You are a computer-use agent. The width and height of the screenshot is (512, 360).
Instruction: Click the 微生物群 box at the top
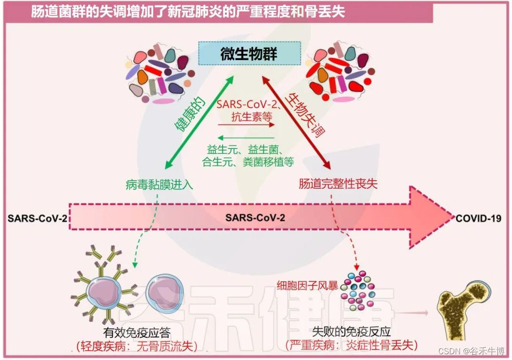pos(250,54)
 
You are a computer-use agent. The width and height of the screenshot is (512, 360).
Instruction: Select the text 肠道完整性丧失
pos(337,184)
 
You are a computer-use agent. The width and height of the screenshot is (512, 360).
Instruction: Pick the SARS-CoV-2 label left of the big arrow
pos(37,218)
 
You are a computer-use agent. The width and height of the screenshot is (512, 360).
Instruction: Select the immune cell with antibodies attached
pos(103,290)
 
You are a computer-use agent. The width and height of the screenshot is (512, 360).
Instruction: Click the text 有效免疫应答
pos(137,333)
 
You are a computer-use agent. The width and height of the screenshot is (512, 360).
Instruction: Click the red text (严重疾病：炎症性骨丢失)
pos(351,345)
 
